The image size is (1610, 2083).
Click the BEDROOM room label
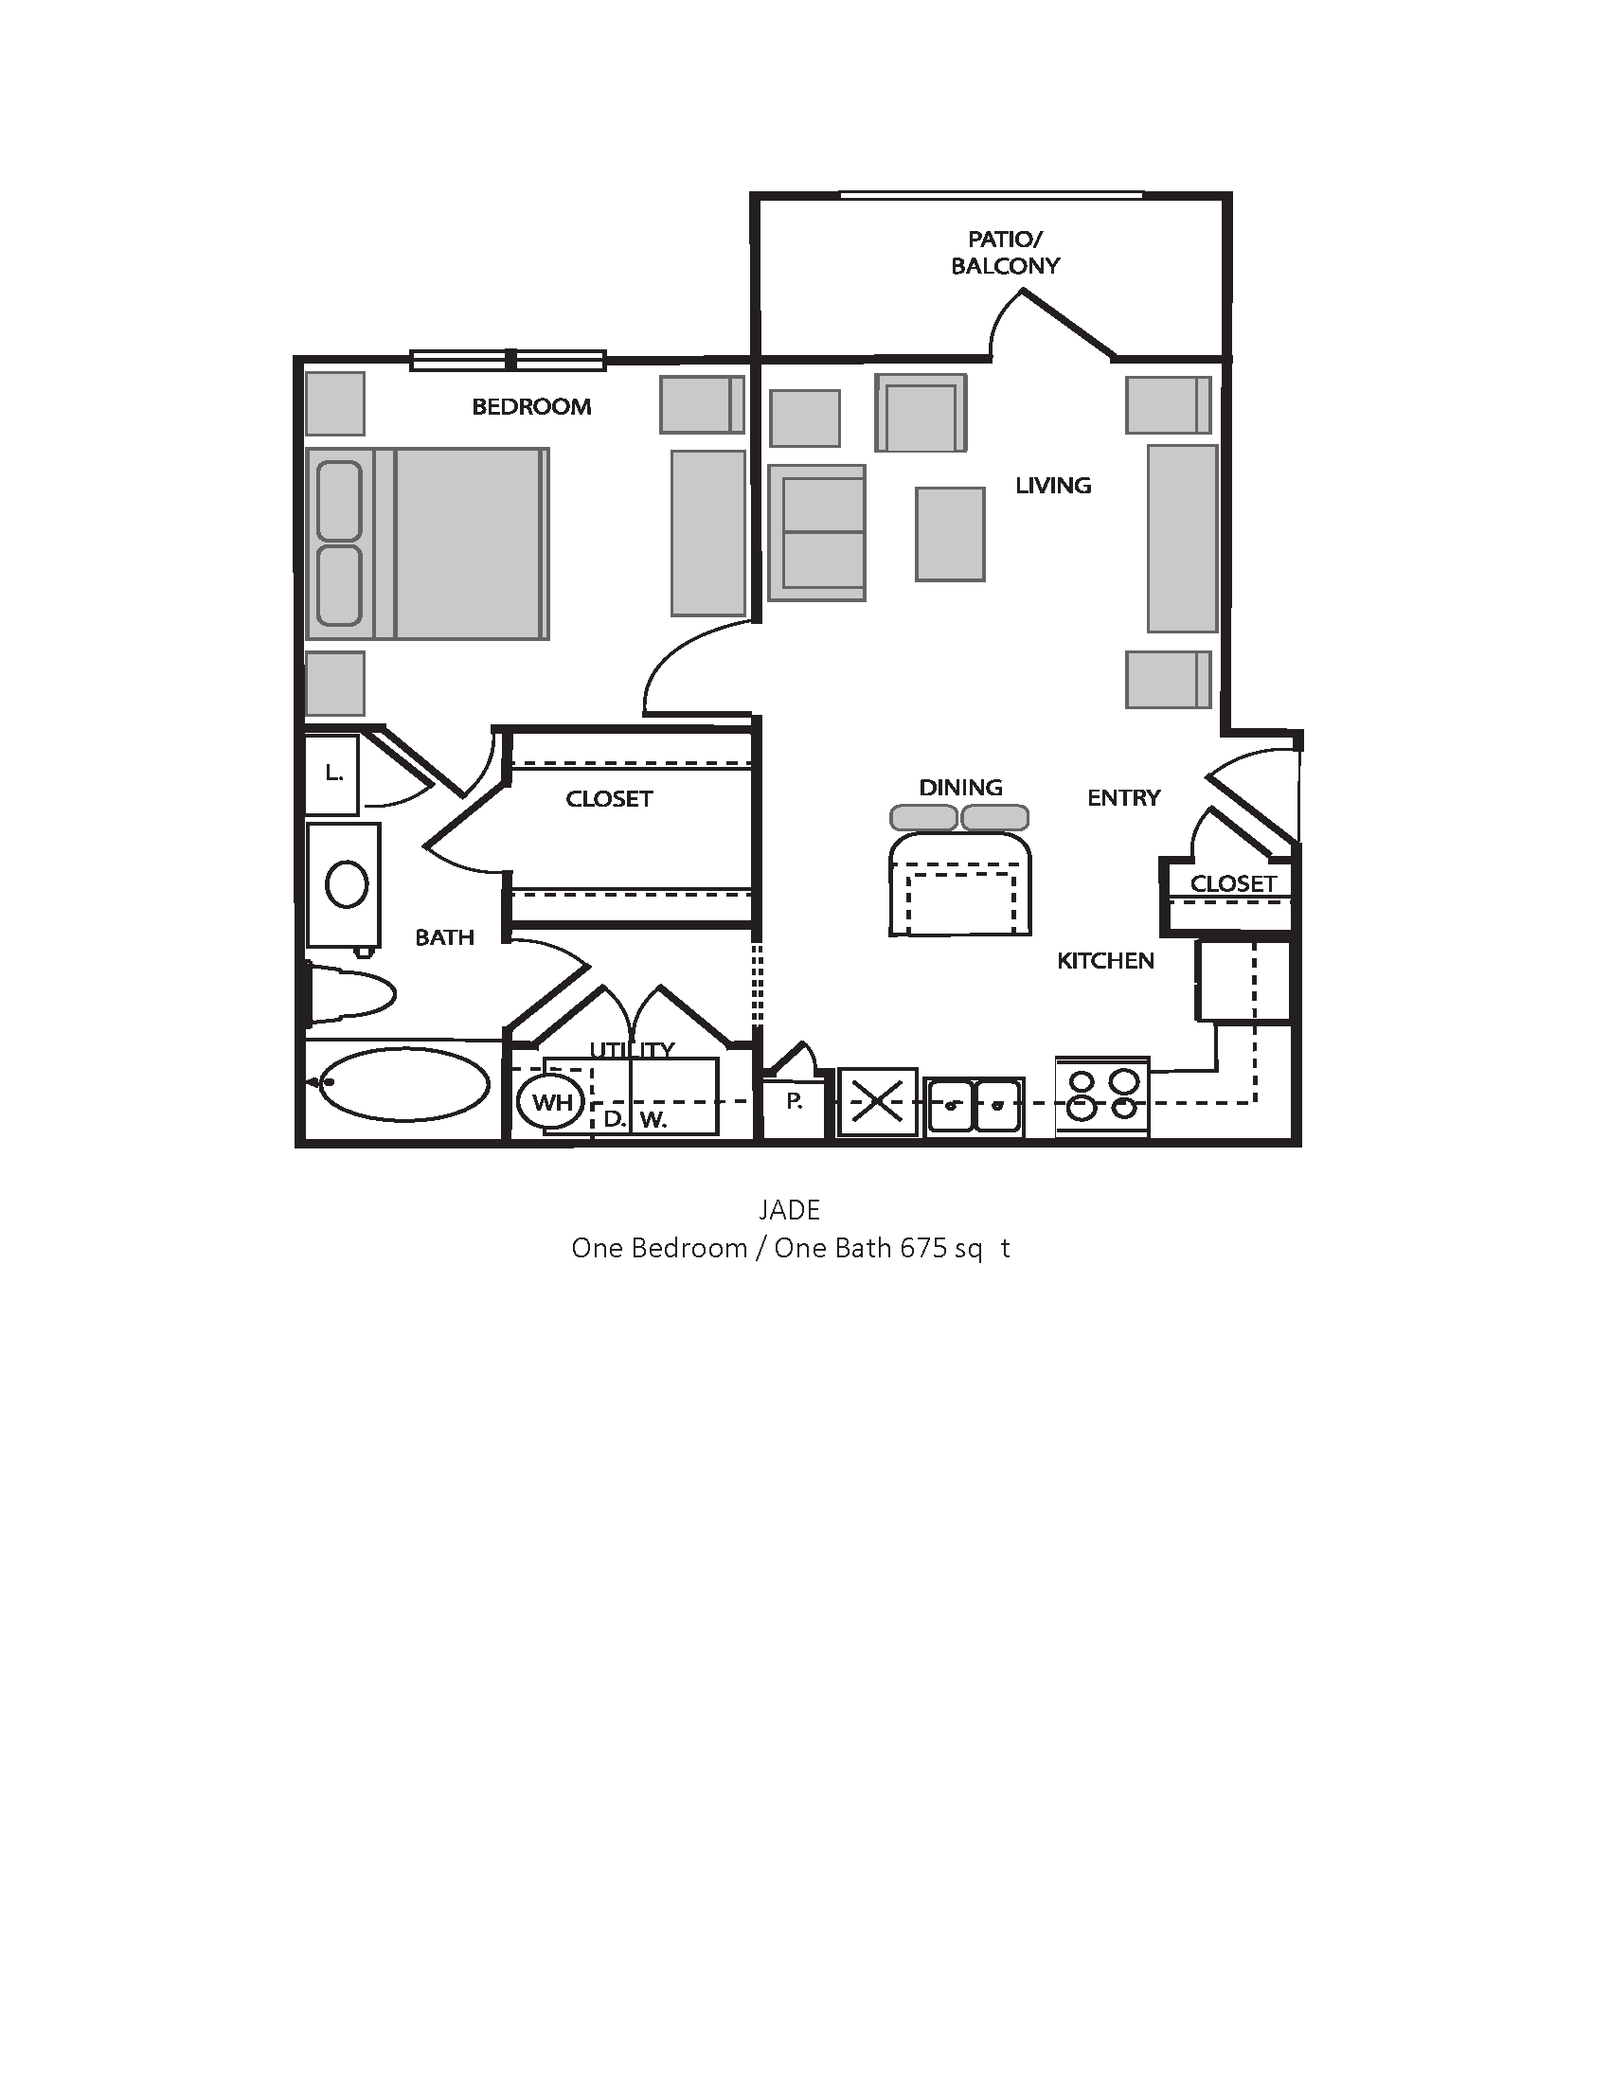(531, 407)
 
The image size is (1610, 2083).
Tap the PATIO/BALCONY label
(1005, 253)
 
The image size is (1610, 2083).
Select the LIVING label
(1053, 486)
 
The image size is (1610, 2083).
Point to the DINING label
(960, 788)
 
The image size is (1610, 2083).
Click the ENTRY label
(1123, 798)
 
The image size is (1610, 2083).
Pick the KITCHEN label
(1105, 961)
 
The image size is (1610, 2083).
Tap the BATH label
(444, 937)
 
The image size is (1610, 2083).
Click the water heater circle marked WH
(551, 1102)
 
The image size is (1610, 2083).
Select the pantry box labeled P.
(794, 1103)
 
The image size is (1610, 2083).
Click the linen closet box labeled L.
(332, 774)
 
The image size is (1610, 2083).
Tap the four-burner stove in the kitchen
(1102, 1095)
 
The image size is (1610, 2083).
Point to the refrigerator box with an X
(878, 1102)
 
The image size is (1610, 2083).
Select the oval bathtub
(403, 1083)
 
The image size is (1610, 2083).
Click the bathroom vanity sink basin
(347, 884)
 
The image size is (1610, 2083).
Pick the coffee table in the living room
(950, 534)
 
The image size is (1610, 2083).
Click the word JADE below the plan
(789, 1210)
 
